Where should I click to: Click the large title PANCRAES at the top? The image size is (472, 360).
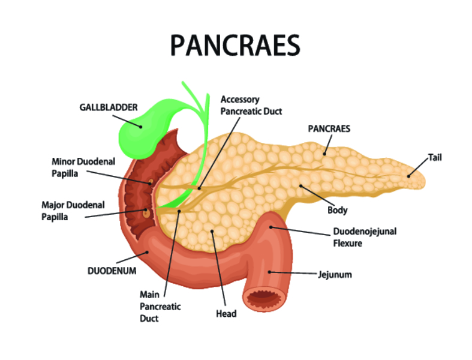[235, 46]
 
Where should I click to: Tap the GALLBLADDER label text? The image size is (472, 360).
[109, 107]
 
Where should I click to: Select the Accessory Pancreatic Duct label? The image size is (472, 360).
[251, 105]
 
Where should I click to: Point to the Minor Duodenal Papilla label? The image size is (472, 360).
[83, 167]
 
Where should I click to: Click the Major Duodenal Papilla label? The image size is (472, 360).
[73, 211]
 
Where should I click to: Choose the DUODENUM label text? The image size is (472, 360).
[112, 271]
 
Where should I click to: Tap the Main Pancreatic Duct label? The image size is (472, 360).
[160, 307]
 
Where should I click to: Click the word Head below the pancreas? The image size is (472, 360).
[226, 314]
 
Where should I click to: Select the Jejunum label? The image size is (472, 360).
[335, 275]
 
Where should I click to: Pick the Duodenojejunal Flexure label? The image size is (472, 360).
[365, 237]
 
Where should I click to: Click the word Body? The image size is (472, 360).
[338, 210]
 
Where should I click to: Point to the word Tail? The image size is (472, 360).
[435, 157]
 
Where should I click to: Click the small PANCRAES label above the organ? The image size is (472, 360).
[329, 128]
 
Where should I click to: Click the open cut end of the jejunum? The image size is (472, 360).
[264, 298]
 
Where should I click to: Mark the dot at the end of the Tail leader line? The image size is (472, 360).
[408, 176]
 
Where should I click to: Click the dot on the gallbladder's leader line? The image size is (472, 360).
[140, 127]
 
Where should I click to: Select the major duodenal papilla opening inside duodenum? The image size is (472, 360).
[146, 212]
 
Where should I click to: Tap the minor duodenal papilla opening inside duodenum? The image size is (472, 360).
[151, 182]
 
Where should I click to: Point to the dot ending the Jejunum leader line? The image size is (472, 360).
[269, 272]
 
